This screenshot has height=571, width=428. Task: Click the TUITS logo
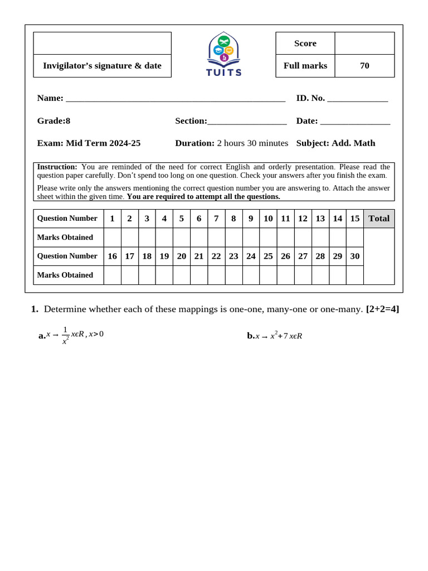click(224, 54)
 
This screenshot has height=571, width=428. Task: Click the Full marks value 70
click(364, 66)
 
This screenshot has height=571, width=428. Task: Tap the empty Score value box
click(364, 43)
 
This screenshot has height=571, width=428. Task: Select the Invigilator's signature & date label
click(102, 66)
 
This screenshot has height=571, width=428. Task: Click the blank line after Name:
click(176, 99)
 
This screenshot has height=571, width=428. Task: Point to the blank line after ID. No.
click(357, 99)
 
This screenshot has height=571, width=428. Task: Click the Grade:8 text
click(53, 121)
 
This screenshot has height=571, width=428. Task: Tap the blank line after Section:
click(247, 122)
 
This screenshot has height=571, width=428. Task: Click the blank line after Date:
click(355, 122)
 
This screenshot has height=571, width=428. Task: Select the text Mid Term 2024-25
click(103, 143)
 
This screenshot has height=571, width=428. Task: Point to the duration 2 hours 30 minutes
click(252, 143)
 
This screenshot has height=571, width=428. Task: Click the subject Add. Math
click(353, 143)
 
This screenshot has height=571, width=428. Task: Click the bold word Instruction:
click(57, 167)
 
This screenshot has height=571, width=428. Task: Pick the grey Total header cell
click(379, 219)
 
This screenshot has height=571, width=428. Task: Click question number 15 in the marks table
click(354, 219)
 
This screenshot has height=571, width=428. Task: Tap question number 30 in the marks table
click(354, 256)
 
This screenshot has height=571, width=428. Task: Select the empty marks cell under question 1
click(112, 238)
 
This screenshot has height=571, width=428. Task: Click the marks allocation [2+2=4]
click(382, 309)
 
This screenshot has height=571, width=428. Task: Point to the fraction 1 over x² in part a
click(65, 335)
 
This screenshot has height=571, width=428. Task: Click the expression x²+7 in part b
click(279, 336)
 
